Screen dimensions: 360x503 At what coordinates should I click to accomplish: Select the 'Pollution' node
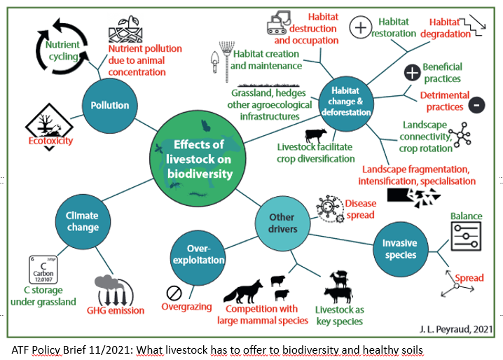coord(109,105)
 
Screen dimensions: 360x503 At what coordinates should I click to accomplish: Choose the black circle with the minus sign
coord(476,105)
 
